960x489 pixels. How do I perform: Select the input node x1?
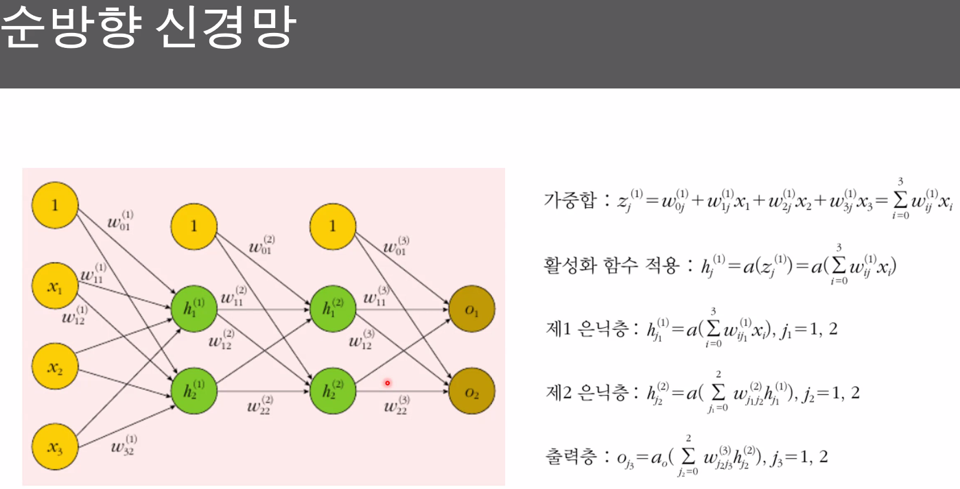(x=55, y=287)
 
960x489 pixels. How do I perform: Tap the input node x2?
(x=55, y=368)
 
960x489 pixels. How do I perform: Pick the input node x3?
(x=55, y=448)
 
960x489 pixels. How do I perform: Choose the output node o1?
(x=471, y=311)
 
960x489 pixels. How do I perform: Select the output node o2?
(x=471, y=391)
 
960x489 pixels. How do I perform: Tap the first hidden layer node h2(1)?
(x=194, y=391)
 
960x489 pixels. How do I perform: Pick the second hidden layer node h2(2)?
(x=333, y=391)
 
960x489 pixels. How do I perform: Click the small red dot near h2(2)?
(x=387, y=383)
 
